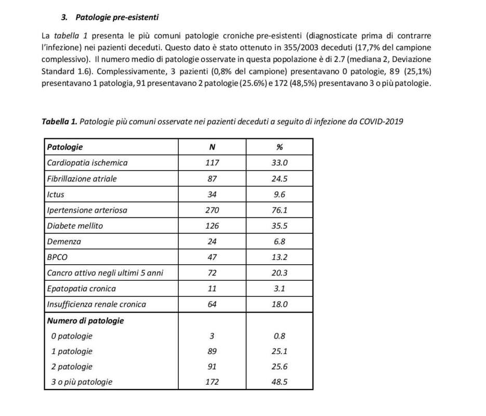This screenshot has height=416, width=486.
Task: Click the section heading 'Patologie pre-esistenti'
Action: coord(117,17)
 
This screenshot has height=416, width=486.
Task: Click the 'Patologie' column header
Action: coord(65,147)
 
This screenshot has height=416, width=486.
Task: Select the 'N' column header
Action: coord(212,147)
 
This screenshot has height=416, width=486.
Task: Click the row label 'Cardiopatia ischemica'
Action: coord(87,163)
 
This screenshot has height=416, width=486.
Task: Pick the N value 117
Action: coord(212,163)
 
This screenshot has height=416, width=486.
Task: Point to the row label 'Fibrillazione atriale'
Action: coord(82,178)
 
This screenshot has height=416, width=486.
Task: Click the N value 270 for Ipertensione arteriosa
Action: coord(212,210)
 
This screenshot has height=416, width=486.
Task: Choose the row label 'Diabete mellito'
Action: coord(75,226)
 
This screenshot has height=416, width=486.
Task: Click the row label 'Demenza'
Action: coord(64,241)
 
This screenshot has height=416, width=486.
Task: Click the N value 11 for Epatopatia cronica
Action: coord(212,288)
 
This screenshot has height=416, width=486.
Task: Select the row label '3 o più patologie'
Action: coord(82,382)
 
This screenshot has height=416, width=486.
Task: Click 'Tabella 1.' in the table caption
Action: coord(59,122)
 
